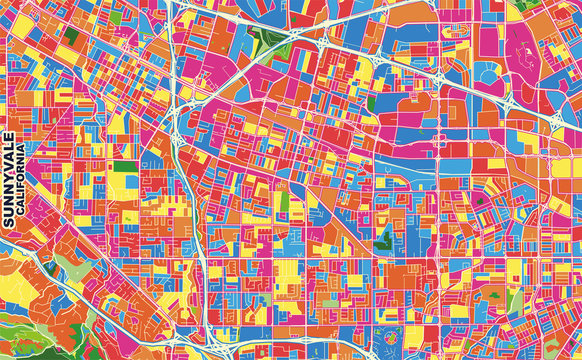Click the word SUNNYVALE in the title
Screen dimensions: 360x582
[9, 180]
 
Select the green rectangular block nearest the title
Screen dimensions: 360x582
[124, 167]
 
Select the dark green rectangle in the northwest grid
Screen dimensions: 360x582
[71, 38]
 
